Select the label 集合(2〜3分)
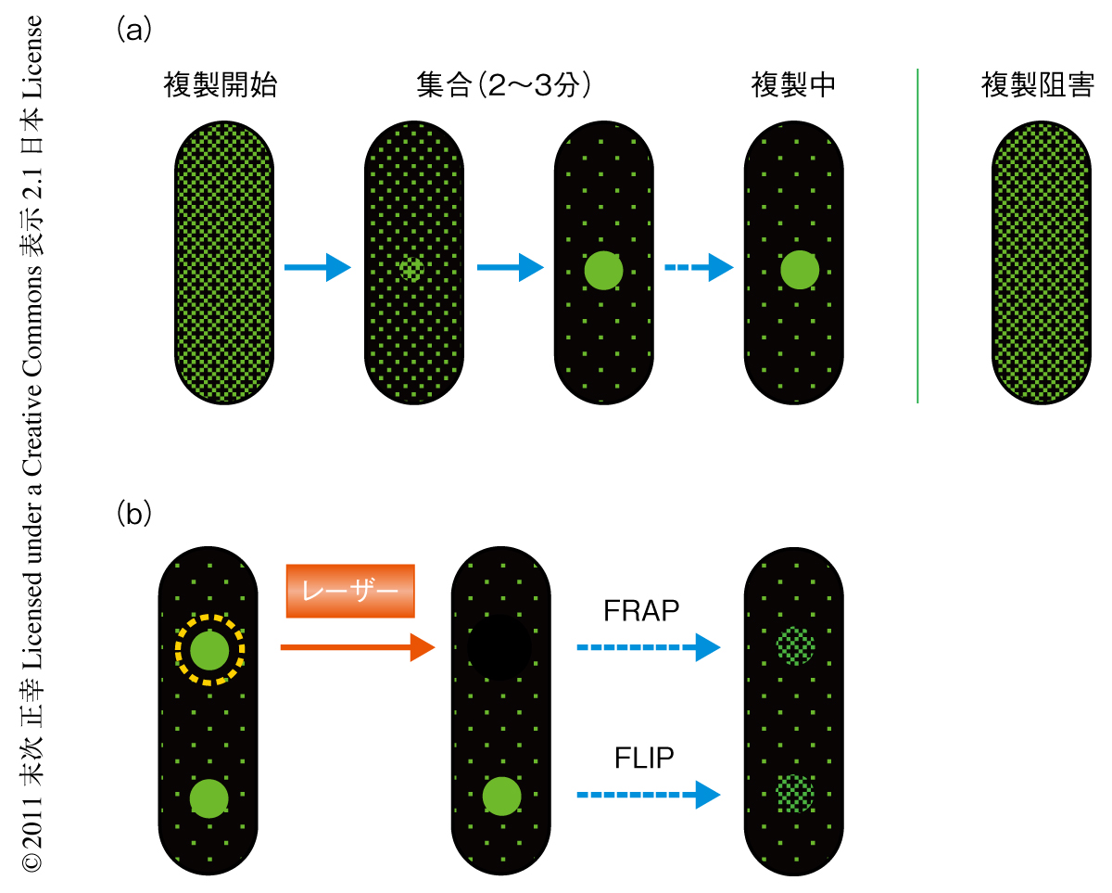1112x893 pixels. pos(504,86)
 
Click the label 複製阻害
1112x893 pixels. pos(1038,86)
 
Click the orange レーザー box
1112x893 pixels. pos(350,591)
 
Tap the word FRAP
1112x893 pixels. pos(641,611)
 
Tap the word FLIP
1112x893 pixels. pos(643,759)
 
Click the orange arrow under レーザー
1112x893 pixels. pos(357,647)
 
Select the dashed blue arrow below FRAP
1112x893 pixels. pos(648,647)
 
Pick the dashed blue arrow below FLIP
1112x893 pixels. pos(648,794)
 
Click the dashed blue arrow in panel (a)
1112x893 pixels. pos(698,269)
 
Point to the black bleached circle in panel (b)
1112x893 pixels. pos(499,646)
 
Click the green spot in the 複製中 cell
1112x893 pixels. pos(799,270)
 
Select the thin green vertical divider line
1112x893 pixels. pos(917,236)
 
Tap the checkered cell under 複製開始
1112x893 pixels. pos(223,263)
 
